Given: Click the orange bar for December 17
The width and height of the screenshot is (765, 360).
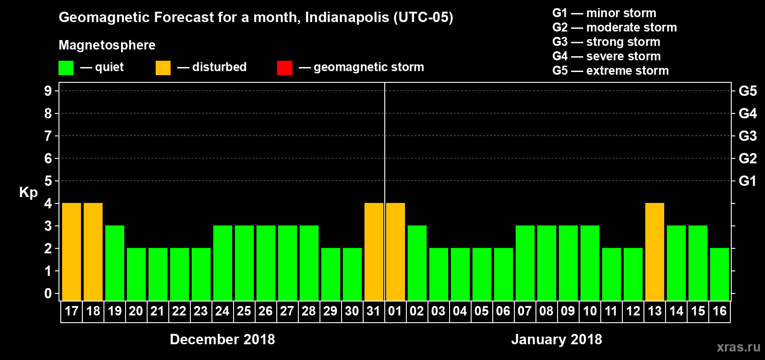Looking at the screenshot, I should (x=72, y=252).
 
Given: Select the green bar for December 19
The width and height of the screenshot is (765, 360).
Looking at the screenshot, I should (x=115, y=263).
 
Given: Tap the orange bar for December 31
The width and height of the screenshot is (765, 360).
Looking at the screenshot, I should (x=374, y=252).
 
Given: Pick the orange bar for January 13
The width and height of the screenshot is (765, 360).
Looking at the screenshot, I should (x=655, y=252).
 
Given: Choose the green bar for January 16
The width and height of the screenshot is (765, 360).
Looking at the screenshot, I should (x=720, y=274).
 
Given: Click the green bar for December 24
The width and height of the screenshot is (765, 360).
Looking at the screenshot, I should (x=223, y=263).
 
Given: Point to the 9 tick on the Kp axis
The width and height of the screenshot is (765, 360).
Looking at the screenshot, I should (x=48, y=91).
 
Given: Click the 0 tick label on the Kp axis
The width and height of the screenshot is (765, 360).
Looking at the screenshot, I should (x=48, y=294).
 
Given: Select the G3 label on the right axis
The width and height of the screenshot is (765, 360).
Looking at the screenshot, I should (x=747, y=136).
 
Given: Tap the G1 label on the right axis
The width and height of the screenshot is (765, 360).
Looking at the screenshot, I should (x=747, y=181).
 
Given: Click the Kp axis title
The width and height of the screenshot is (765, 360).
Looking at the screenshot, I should (x=28, y=193).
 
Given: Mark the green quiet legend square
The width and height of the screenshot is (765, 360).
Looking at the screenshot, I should (x=66, y=68).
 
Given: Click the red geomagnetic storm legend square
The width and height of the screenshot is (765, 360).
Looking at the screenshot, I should (x=284, y=68).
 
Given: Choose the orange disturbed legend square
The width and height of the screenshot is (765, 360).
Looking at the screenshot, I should (x=163, y=68).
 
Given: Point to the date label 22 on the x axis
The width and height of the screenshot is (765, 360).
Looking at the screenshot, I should (x=179, y=311).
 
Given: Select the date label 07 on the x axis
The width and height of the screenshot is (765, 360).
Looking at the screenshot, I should (x=525, y=311).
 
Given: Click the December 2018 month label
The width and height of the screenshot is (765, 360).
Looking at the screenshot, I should (x=222, y=339).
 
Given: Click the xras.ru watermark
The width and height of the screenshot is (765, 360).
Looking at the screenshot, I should (x=738, y=347).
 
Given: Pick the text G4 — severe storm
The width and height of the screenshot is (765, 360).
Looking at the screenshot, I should (x=607, y=56).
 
